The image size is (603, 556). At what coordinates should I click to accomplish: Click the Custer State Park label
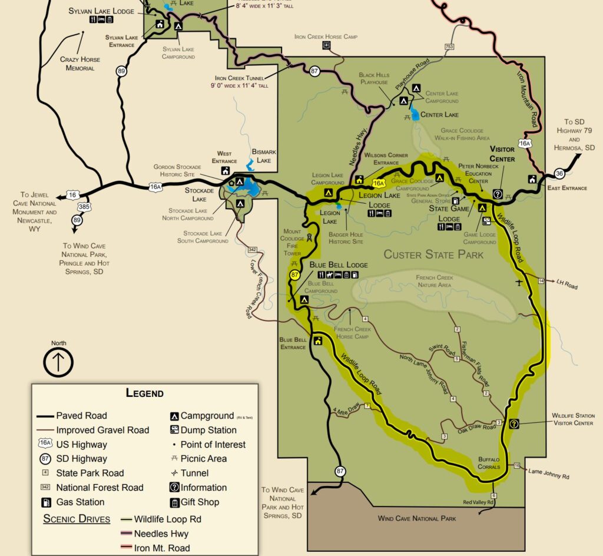(x=433, y=254)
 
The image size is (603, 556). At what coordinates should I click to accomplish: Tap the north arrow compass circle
(x=58, y=362)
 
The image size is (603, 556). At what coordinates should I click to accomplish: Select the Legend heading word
(x=144, y=393)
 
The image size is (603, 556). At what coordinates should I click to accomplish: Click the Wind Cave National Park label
(x=416, y=518)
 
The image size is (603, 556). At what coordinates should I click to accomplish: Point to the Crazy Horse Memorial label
(x=80, y=64)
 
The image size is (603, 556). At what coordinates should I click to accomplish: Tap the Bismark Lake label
(x=264, y=156)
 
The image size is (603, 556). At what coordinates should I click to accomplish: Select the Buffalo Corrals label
(x=489, y=462)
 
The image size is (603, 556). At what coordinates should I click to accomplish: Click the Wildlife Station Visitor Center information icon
(x=513, y=423)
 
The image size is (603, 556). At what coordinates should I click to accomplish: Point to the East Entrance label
(x=567, y=188)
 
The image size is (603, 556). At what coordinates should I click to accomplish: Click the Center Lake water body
(x=415, y=114)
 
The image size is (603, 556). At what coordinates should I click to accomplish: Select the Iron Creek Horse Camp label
(x=326, y=37)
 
